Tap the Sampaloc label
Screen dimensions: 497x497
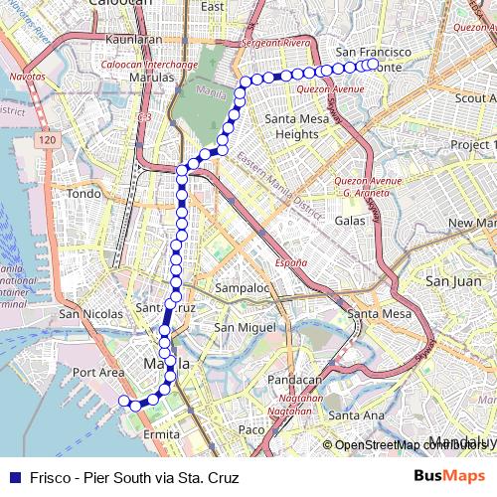pos(243,288)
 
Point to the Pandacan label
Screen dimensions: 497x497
pos(296,380)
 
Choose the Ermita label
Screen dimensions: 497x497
pos(161,434)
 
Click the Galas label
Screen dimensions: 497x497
pos(351,220)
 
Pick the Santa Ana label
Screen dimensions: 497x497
pos(356,414)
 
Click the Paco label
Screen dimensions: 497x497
pos(250,429)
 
